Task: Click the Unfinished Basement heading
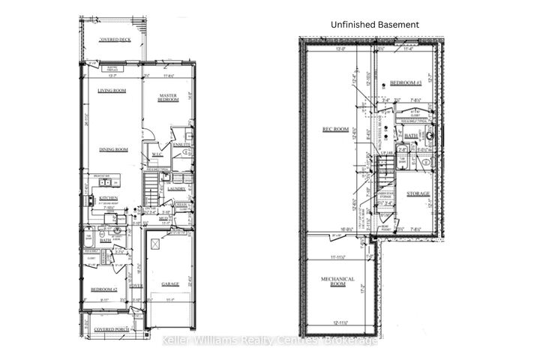click(x=375, y=25)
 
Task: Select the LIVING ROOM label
click(x=112, y=91)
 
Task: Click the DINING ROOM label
click(x=113, y=149)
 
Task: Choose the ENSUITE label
click(x=182, y=144)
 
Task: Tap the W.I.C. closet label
click(x=157, y=156)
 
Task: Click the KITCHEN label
click(x=109, y=199)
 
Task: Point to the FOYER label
click(x=135, y=285)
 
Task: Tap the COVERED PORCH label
click(x=112, y=328)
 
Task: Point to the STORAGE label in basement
click(x=418, y=193)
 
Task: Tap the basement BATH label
click(x=410, y=136)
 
